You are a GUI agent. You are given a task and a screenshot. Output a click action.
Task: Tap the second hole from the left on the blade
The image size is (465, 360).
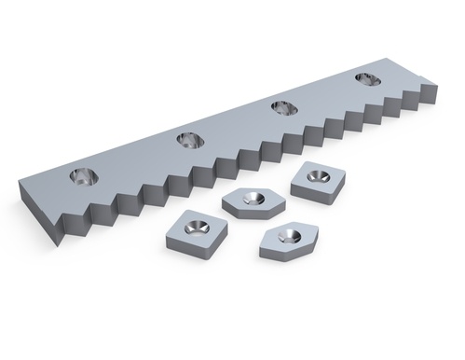[188, 141]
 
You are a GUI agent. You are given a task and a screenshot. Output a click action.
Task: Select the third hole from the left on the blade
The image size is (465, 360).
[280, 109]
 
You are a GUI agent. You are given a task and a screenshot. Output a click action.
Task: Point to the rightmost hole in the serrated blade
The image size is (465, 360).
[363, 81]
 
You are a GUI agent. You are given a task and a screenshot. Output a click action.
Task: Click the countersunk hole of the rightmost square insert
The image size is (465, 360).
[319, 174]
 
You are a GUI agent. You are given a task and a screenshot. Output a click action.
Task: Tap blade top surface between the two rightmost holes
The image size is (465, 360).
[321, 95]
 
